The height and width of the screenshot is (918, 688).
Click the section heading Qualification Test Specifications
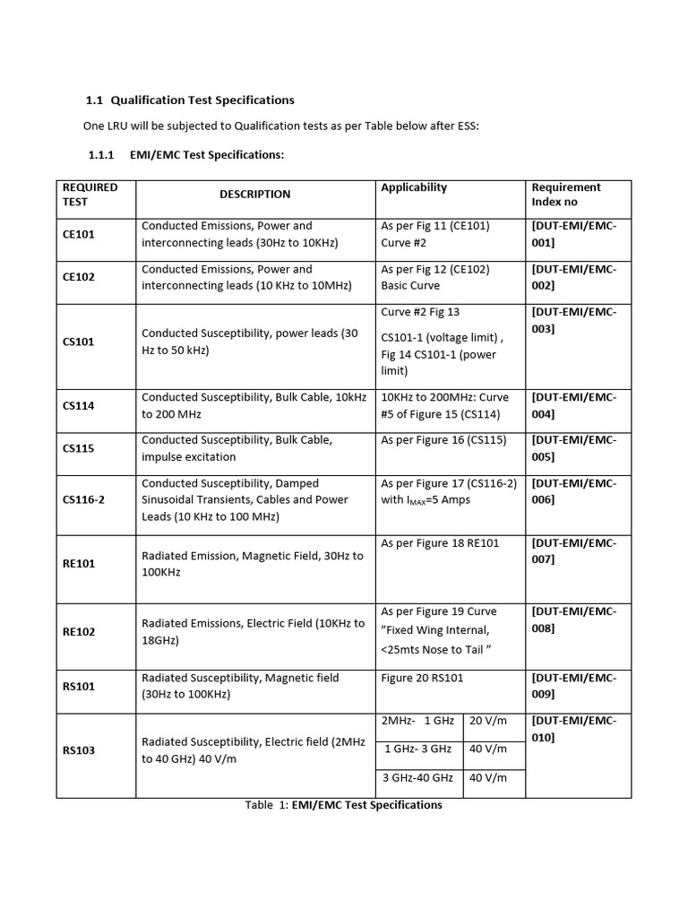(x=189, y=100)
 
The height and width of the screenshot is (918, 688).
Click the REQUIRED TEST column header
(x=90, y=195)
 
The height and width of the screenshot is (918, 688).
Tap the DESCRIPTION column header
(x=255, y=195)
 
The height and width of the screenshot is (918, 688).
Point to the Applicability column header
(x=414, y=187)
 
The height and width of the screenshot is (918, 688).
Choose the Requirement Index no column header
(x=566, y=195)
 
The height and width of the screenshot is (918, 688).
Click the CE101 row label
(x=79, y=234)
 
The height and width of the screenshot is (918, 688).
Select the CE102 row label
(x=79, y=277)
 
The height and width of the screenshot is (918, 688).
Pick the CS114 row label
(x=79, y=405)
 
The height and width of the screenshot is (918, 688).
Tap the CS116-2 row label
(x=83, y=499)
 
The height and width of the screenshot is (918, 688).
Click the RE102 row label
(x=79, y=631)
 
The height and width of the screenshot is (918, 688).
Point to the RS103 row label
(x=79, y=750)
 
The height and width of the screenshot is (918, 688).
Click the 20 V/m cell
(x=488, y=721)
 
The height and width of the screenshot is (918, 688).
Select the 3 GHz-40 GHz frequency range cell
(x=417, y=778)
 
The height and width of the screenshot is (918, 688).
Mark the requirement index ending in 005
(x=574, y=448)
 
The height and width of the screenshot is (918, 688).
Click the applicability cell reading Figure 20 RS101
(x=423, y=679)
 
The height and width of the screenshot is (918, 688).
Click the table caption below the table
(x=344, y=805)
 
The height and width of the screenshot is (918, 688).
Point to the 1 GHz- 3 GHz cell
(x=418, y=749)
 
